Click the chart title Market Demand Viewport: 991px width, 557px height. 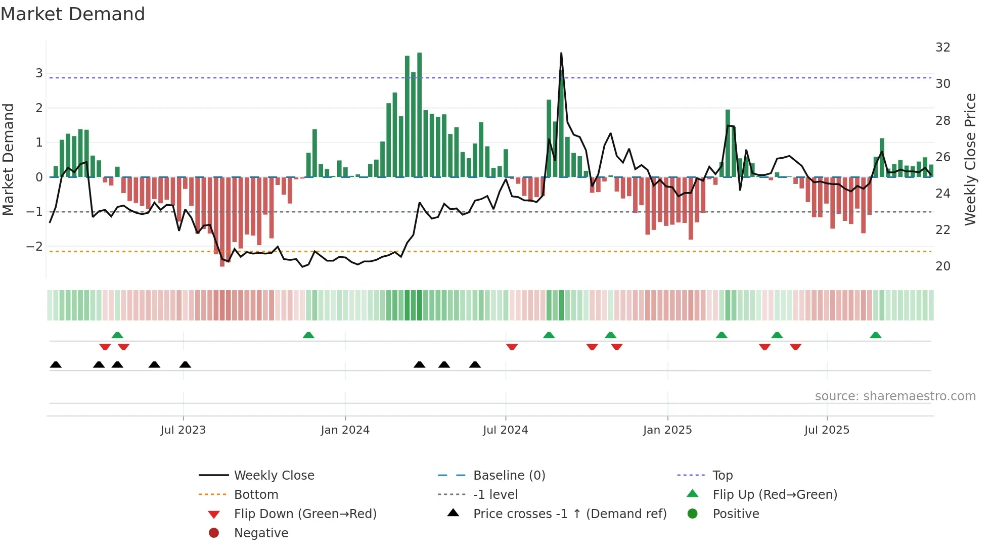(x=73, y=14)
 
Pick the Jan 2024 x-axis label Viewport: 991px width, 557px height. (x=345, y=430)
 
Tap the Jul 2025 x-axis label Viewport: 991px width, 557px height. (x=827, y=430)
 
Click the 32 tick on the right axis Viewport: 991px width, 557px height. (x=942, y=48)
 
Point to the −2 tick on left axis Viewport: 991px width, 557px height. (x=34, y=247)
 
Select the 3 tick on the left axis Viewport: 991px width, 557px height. (x=39, y=73)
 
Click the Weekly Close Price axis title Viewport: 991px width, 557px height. (x=970, y=159)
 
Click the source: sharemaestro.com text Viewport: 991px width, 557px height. (x=895, y=396)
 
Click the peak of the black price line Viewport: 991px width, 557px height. (x=561, y=54)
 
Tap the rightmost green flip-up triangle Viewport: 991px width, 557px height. (x=876, y=335)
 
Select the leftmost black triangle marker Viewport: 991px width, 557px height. (x=56, y=364)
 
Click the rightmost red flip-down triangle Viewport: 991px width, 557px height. (x=795, y=347)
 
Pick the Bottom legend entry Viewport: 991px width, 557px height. (x=256, y=494)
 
